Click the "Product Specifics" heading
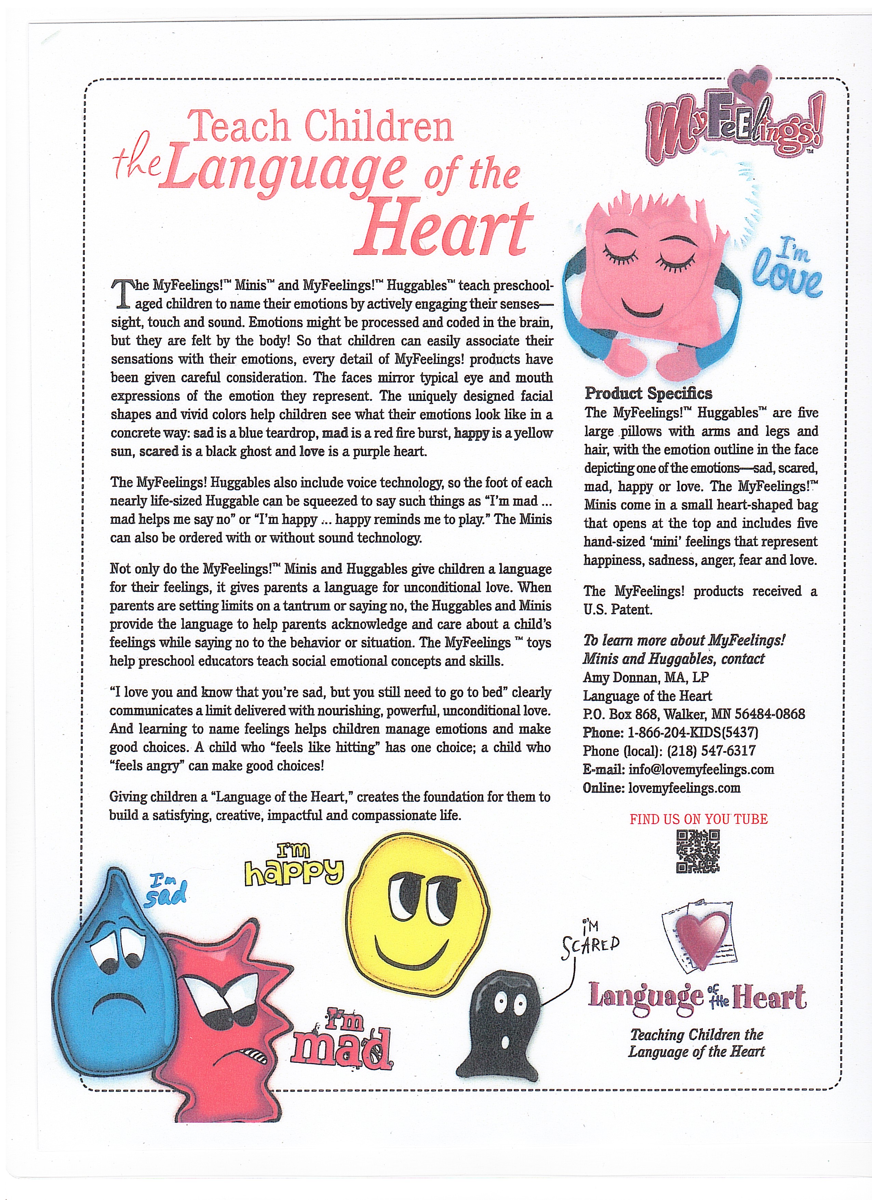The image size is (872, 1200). [x=648, y=394]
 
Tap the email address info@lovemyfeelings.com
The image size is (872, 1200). [x=701, y=769]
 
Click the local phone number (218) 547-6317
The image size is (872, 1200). [x=711, y=751]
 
